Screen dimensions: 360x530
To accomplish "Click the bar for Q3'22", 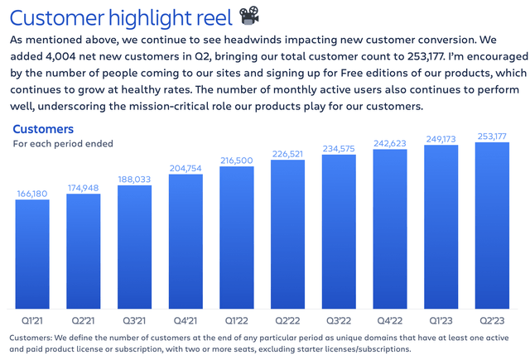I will (x=338, y=232).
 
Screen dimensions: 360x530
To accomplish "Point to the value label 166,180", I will (x=32, y=194).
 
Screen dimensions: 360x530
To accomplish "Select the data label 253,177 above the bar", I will (x=491, y=136).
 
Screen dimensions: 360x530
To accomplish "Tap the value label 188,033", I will (x=134, y=178).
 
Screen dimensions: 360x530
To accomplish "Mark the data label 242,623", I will (x=389, y=143).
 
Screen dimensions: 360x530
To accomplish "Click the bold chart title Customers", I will (x=43, y=129).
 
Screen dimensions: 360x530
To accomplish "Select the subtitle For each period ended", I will (x=63, y=144).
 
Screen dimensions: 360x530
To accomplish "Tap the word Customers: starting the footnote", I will (x=33, y=338).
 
